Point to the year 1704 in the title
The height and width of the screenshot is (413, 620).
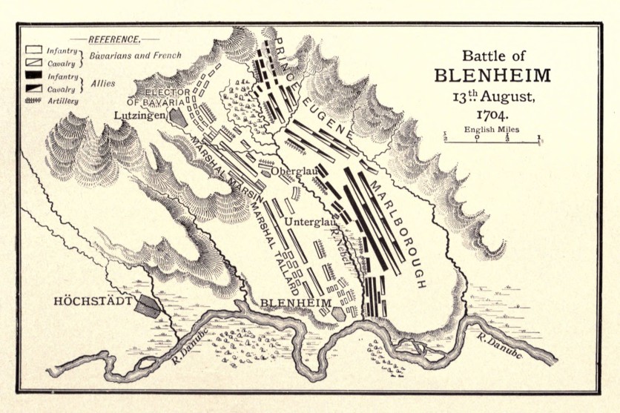[492, 115]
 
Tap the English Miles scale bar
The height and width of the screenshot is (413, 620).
[492, 138]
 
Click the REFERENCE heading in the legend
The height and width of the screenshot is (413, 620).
[113, 39]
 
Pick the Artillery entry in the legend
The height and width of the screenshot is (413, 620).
[62, 100]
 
